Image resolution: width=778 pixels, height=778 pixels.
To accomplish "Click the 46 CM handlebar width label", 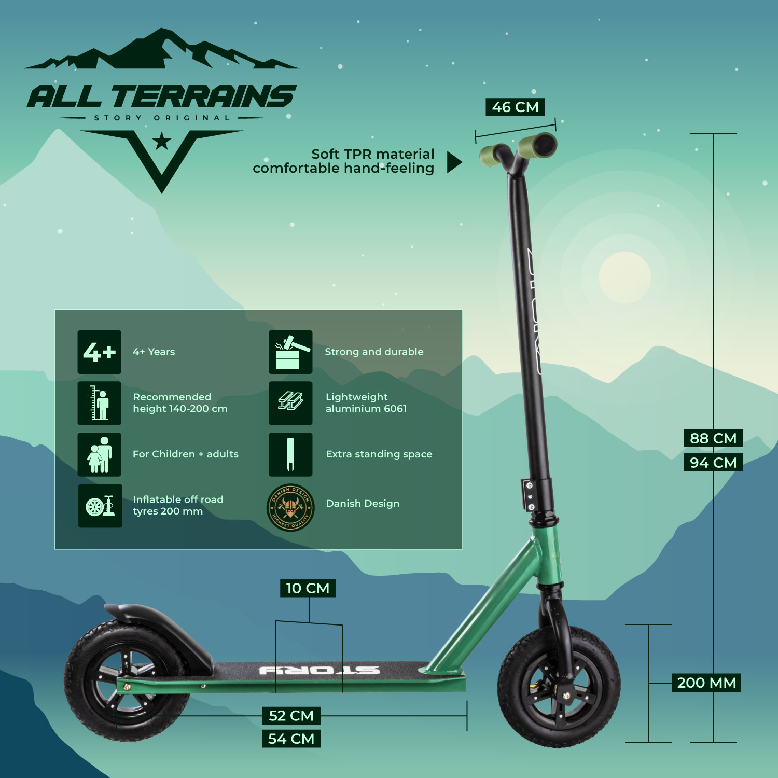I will [x=515, y=107].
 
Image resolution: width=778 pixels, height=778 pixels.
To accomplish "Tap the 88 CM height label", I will [x=713, y=438].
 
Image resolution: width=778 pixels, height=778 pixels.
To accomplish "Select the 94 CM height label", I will [x=713, y=462].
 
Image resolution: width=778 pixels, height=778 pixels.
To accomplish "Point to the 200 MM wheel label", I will [x=706, y=683].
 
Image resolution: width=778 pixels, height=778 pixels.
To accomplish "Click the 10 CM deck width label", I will [x=308, y=588].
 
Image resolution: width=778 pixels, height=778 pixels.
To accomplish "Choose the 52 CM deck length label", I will [x=291, y=716].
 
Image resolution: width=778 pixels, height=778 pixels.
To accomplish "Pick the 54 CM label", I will [x=291, y=739].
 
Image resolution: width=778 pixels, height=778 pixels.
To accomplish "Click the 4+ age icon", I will [x=100, y=352].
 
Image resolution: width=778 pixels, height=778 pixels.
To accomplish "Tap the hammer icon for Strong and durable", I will [x=290, y=352].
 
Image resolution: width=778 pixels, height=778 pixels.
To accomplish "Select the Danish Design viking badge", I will [x=290, y=508].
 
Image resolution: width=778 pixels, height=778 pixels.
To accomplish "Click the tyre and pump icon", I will [x=100, y=506].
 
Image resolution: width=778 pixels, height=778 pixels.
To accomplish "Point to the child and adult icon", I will [x=100, y=454].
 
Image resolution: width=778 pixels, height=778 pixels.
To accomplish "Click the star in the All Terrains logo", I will [x=162, y=141].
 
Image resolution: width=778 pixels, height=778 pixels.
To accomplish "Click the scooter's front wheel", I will [x=559, y=687].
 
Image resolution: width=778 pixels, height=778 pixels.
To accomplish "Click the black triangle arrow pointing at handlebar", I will [x=453, y=162].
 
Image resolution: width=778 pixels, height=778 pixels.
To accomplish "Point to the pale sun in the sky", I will [x=624, y=277].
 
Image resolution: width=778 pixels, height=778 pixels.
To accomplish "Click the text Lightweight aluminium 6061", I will [x=366, y=403].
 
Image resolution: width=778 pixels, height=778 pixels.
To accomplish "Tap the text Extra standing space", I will [x=379, y=454].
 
